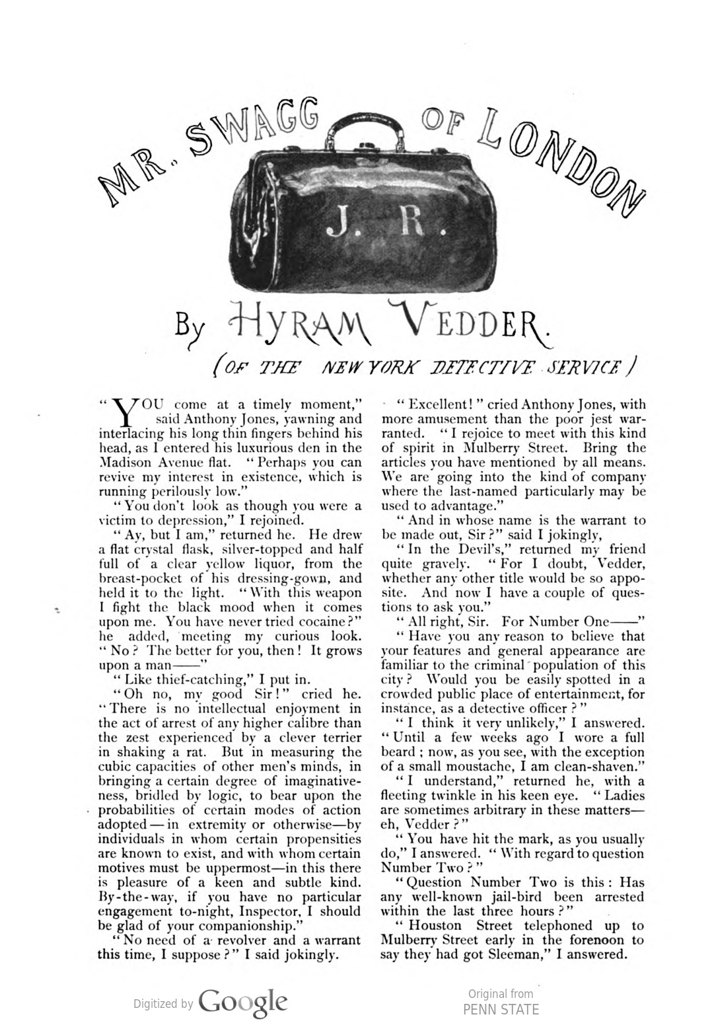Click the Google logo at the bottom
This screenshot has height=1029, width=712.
pyautogui.click(x=242, y=1003)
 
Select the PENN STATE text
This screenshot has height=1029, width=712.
pyautogui.click(x=501, y=1009)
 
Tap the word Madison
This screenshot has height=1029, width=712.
pyautogui.click(x=124, y=462)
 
